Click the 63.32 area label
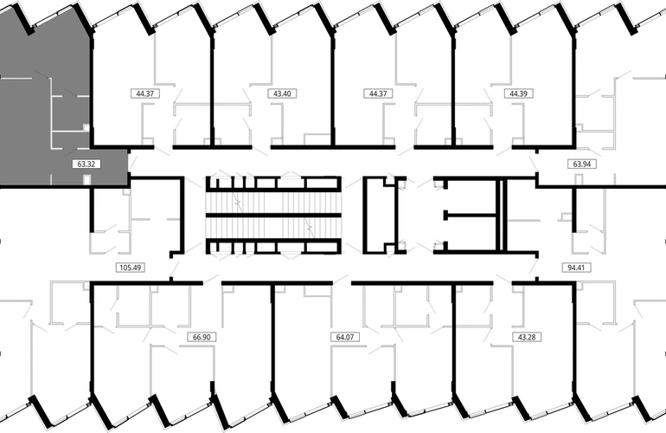point(86,164)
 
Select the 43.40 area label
point(282,94)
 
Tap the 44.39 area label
point(518,94)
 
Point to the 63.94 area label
point(582,164)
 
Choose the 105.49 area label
point(131,268)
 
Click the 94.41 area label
point(576,268)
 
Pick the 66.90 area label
point(202,337)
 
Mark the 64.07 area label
point(345,337)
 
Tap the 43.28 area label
point(527,337)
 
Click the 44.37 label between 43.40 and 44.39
point(378,94)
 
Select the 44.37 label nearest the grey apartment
point(145,94)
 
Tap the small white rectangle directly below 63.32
point(87,180)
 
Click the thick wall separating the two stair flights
point(273,216)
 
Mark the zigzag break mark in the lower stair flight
point(311,229)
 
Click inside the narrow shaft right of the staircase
point(380,216)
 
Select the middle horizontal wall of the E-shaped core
point(471,216)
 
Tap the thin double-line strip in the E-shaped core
point(502,216)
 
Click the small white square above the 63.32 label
point(86,127)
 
